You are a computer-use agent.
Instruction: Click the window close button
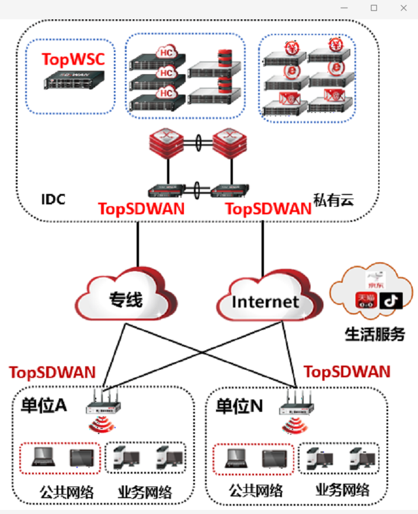point(403,8)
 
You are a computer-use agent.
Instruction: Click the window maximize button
point(374,8)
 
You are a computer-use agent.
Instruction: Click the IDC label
point(53,199)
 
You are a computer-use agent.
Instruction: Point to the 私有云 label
point(334,201)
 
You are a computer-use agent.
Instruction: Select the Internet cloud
point(265,301)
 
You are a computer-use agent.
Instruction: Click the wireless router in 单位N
point(298,402)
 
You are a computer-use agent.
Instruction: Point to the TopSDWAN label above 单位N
point(347,371)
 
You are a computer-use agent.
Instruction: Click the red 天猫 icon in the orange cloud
point(366,301)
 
